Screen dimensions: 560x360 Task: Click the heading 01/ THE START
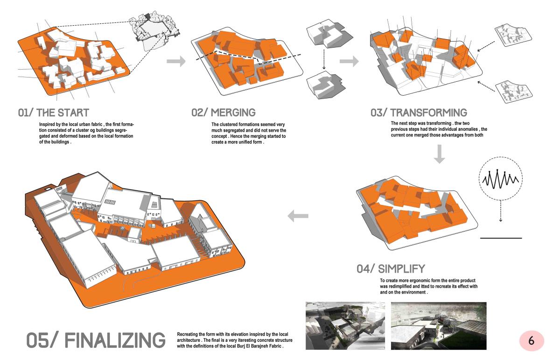coord(54,113)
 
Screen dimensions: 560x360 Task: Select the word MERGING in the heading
coord(233,113)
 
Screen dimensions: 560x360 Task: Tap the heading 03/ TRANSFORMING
coord(419,113)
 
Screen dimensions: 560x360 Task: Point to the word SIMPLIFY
coord(401,269)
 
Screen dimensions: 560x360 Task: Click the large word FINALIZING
coord(115,340)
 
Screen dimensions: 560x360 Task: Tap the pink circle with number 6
coord(532,341)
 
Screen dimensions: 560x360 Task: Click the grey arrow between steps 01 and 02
coord(176,61)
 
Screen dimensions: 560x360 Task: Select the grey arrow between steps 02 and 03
coord(349,61)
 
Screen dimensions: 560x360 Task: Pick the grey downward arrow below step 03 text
coord(439,154)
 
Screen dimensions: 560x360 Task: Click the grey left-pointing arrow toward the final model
coord(298,216)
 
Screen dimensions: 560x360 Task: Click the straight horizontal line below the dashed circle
coord(501,238)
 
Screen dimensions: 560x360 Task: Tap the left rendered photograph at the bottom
coord(345,325)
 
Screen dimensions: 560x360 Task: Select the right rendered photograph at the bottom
coord(439,326)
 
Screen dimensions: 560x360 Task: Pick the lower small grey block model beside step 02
coord(326,85)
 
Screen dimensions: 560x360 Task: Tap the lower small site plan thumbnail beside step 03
coord(514,92)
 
